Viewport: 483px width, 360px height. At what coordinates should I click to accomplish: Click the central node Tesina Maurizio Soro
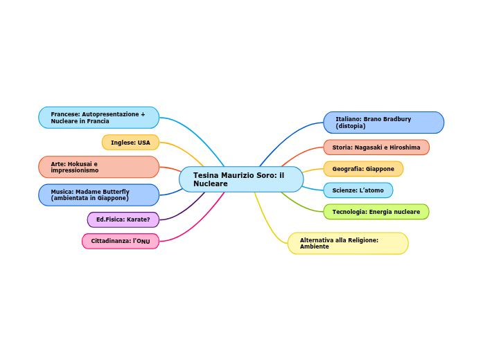[240, 179]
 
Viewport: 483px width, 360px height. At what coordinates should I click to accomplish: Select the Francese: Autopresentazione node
[98, 118]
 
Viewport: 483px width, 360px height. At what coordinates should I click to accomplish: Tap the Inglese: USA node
[130, 143]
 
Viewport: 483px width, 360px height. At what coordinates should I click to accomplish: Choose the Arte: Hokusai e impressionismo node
[98, 167]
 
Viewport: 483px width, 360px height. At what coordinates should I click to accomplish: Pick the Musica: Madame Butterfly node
[98, 195]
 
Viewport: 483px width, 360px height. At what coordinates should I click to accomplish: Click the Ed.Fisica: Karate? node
[123, 219]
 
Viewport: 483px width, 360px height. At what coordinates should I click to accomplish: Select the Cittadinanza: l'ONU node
[120, 241]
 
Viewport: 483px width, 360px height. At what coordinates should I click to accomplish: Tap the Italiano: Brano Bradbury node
[383, 123]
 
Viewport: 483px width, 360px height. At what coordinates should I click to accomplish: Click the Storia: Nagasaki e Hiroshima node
[376, 147]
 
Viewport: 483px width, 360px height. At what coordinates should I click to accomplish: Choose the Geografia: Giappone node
[363, 169]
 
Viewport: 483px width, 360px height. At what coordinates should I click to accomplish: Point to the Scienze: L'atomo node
[358, 190]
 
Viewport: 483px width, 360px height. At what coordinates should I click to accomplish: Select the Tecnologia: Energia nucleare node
[376, 212]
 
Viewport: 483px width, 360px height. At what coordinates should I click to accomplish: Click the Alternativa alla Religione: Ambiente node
[347, 244]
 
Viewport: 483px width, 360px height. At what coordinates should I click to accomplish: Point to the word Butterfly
[115, 192]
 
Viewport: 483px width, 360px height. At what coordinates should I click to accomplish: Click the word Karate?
[137, 219]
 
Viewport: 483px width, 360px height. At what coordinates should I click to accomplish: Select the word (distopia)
[351, 126]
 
